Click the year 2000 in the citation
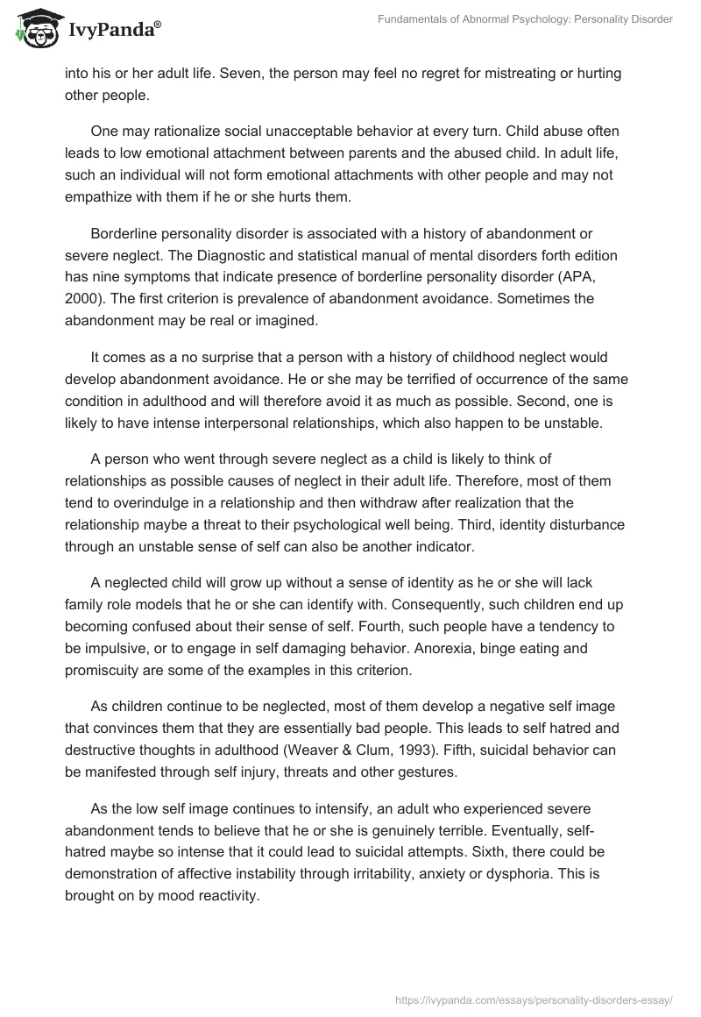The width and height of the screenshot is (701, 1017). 81,299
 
